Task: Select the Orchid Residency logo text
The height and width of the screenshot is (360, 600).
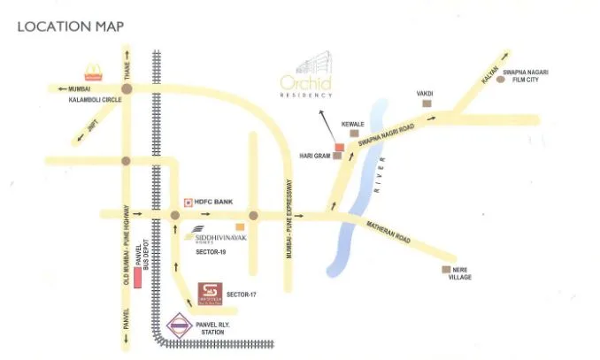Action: [x=306, y=85]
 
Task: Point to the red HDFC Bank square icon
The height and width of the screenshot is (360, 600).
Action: [x=188, y=203]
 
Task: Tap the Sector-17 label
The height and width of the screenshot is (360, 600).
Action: [x=242, y=293]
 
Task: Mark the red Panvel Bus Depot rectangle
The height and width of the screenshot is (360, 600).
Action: [x=138, y=274]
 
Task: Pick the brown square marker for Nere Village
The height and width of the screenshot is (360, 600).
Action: [x=446, y=270]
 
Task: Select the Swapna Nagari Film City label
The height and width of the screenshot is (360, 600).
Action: [x=534, y=75]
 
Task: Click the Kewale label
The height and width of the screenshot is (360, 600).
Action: [x=353, y=125]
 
